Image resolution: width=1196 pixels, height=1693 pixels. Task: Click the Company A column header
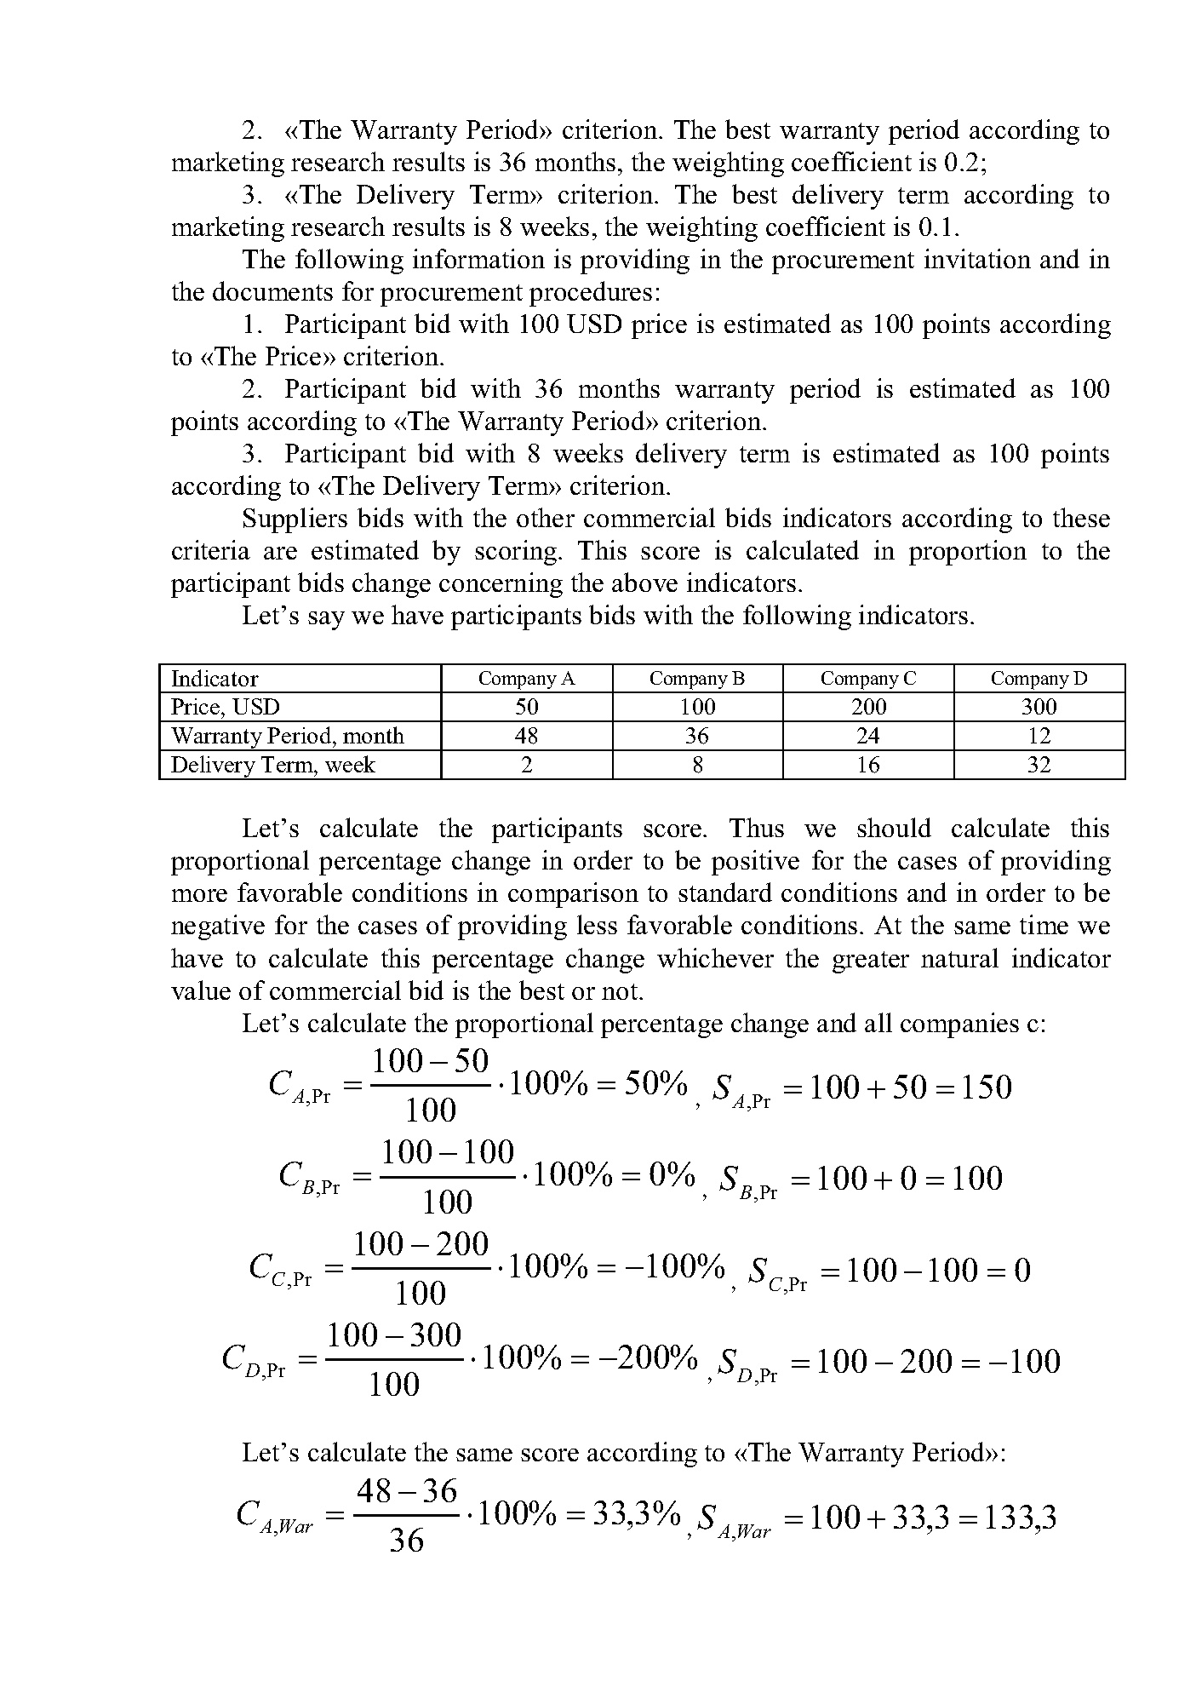click(x=526, y=679)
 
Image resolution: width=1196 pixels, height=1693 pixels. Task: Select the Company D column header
click(x=1039, y=679)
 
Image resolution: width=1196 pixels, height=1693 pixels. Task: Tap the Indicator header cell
click(x=215, y=679)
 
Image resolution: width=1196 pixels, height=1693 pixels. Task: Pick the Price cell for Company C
click(x=868, y=707)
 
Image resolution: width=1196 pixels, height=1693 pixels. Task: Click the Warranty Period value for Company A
click(x=526, y=736)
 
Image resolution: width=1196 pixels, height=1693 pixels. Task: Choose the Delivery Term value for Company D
click(x=1039, y=765)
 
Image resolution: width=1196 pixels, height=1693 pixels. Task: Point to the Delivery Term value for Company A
click(x=526, y=765)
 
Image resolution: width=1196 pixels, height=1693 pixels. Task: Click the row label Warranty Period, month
click(x=288, y=736)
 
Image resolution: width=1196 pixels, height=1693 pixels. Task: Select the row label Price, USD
click(x=226, y=707)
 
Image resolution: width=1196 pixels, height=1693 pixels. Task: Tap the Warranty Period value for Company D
click(x=1039, y=736)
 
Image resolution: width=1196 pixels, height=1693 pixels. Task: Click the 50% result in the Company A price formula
click(x=655, y=1084)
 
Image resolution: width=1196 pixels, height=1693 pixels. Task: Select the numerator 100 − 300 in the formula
click(x=394, y=1334)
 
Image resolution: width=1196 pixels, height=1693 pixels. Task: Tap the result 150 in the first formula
click(x=986, y=1088)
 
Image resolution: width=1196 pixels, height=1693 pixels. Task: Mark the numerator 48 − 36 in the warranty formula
click(x=407, y=1490)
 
